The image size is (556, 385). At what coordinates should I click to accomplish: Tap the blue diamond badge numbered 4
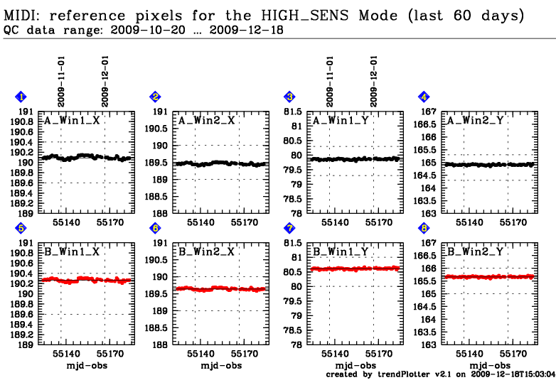(424, 97)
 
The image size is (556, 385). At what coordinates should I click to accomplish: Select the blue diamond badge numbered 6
(155, 228)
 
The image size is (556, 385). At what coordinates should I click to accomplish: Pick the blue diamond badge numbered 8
(424, 228)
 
